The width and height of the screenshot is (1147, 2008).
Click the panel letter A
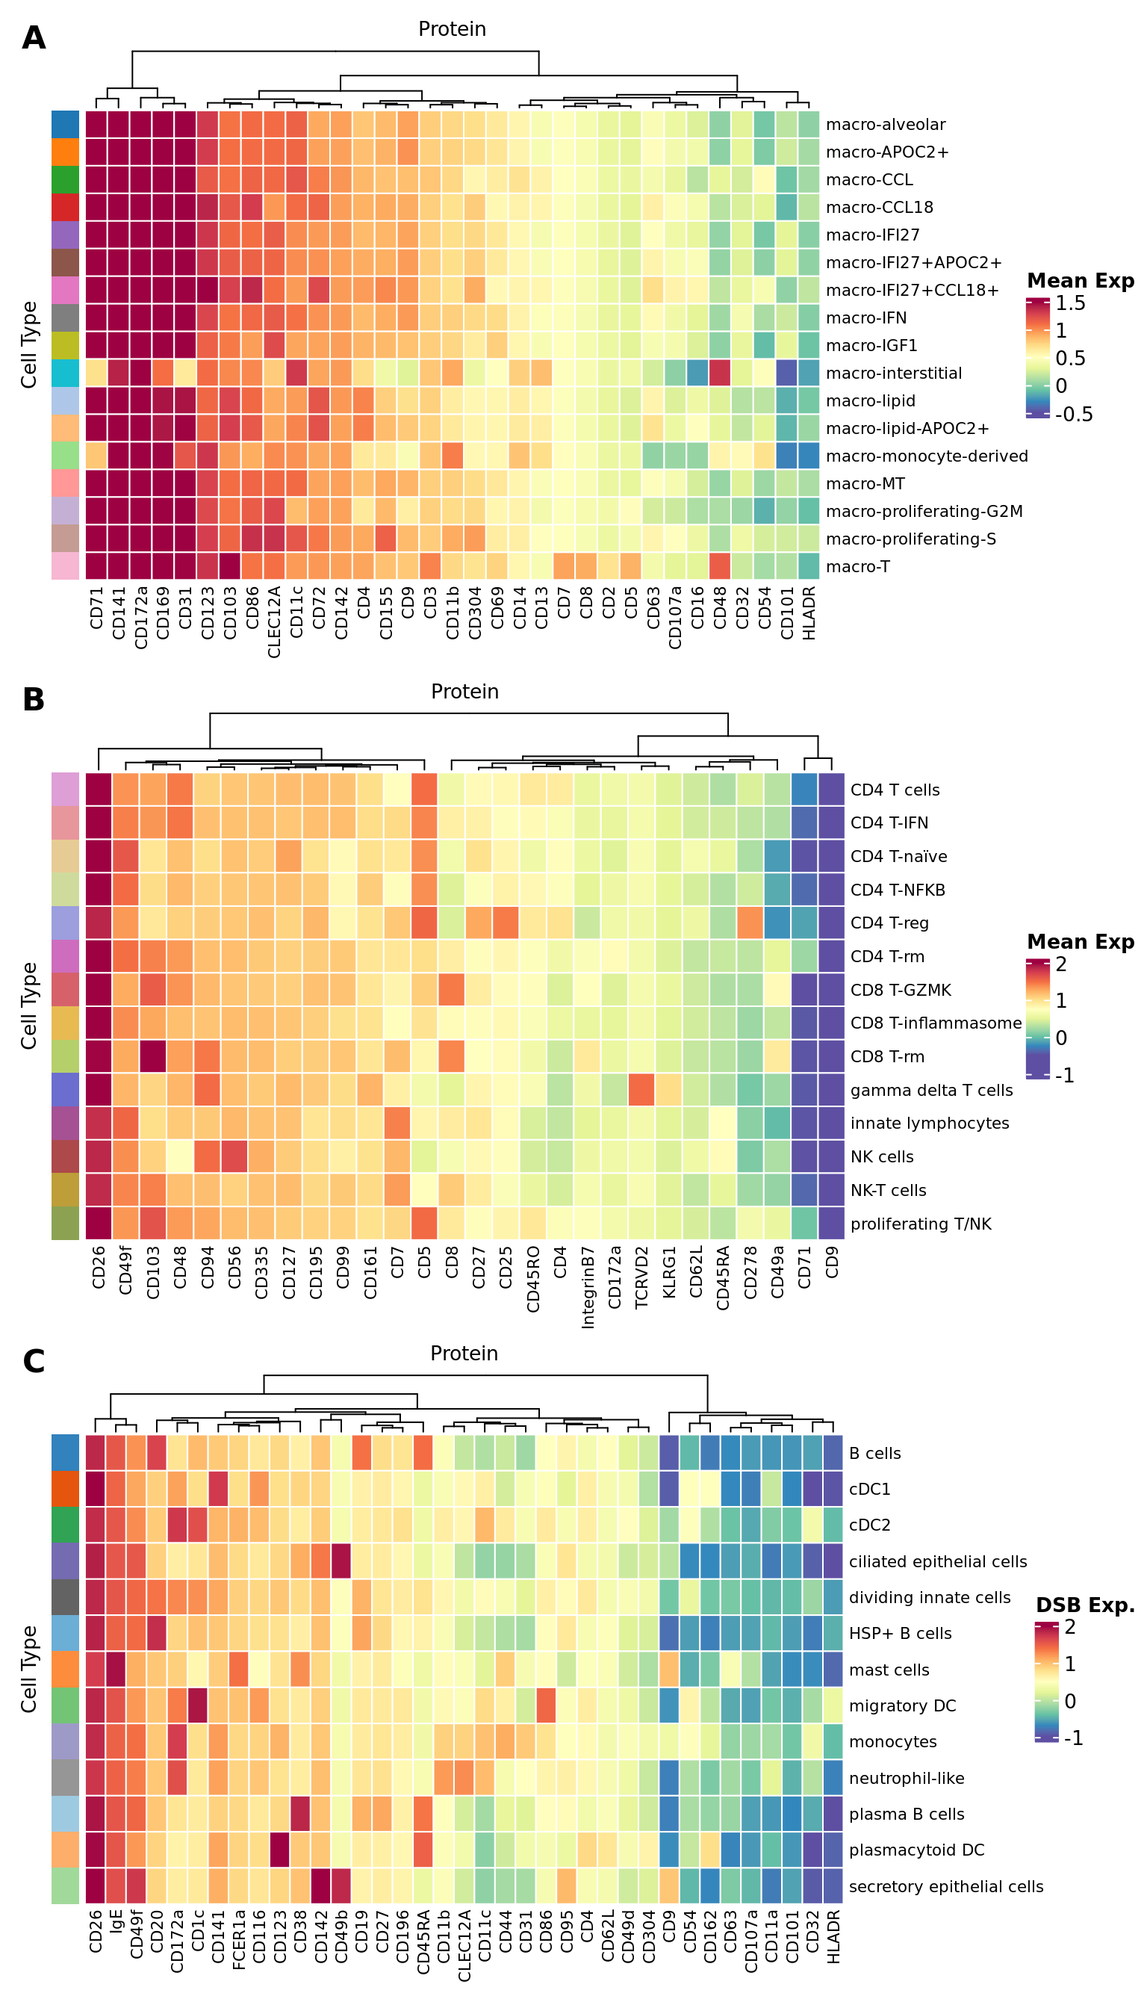coord(33,38)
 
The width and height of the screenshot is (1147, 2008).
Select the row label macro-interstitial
coord(893,374)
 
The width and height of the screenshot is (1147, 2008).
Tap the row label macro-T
coord(858,567)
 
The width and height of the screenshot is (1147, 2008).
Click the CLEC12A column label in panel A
coord(274,622)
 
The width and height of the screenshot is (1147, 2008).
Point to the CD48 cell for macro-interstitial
coord(720,373)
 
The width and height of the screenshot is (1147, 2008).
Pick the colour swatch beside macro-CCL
coord(66,179)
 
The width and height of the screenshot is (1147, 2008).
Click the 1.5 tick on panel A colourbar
coord(1071,303)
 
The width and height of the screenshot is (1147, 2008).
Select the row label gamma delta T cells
coord(931,1090)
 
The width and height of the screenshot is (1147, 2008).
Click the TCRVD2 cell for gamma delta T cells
coord(642,1090)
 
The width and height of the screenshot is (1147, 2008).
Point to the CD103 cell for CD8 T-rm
coord(153,1056)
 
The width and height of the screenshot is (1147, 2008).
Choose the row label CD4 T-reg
coord(889,923)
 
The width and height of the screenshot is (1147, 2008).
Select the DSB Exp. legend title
coord(1085,1605)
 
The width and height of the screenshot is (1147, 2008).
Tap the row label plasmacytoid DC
coord(916,1850)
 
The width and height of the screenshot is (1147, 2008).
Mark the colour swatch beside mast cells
coord(66,1670)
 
